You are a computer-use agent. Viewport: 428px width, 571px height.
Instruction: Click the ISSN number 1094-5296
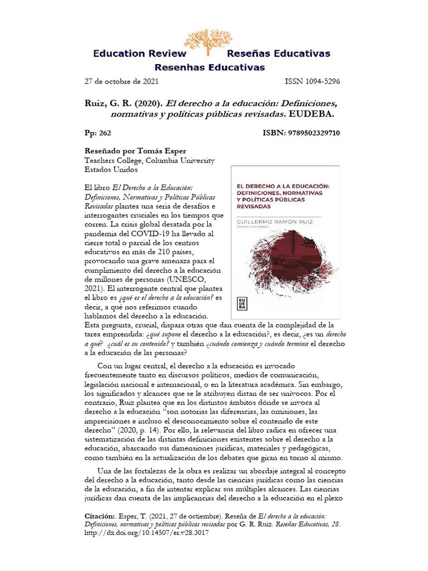tap(312, 81)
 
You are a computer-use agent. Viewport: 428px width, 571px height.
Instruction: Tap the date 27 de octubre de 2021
tap(121, 81)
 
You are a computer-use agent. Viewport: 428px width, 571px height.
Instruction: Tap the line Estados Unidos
tap(110, 170)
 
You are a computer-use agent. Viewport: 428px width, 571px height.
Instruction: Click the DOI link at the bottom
tap(146, 533)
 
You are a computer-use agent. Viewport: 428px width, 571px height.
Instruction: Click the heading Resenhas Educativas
tap(210, 67)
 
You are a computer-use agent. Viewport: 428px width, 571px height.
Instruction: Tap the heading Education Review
tap(139, 54)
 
